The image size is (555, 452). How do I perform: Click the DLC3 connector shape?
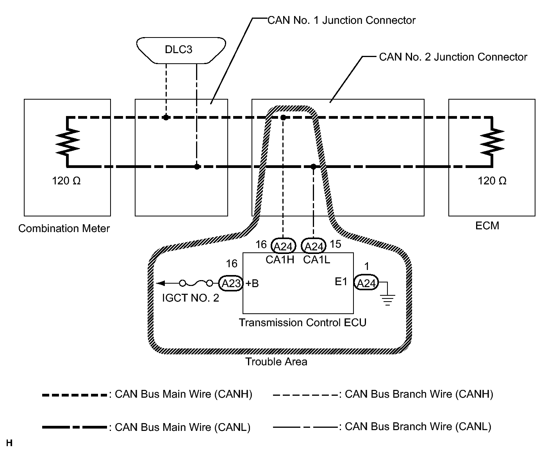click(181, 50)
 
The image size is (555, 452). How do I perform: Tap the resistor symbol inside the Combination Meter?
click(68, 142)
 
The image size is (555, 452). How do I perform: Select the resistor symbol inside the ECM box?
click(492, 142)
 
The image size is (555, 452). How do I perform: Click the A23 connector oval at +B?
click(230, 283)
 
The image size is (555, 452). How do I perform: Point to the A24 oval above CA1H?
click(283, 246)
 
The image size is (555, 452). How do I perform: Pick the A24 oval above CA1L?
click(314, 246)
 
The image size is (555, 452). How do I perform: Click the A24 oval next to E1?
click(366, 283)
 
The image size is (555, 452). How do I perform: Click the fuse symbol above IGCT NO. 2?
click(196, 283)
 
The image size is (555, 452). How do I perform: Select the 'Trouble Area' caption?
click(276, 361)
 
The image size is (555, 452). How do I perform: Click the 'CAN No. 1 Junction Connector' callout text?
click(341, 20)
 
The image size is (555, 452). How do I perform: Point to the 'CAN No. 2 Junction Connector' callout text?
click(453, 57)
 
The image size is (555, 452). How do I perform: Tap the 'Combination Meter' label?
click(64, 229)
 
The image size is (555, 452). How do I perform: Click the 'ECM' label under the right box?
click(487, 226)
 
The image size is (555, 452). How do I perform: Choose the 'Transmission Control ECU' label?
click(303, 322)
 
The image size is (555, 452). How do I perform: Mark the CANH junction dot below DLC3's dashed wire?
click(166, 118)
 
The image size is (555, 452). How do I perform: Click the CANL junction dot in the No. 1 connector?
click(197, 166)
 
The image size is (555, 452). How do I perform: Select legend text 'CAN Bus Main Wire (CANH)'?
click(184, 394)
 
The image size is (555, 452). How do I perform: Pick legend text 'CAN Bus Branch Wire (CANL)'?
click(418, 427)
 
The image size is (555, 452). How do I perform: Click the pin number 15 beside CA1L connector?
click(335, 244)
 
